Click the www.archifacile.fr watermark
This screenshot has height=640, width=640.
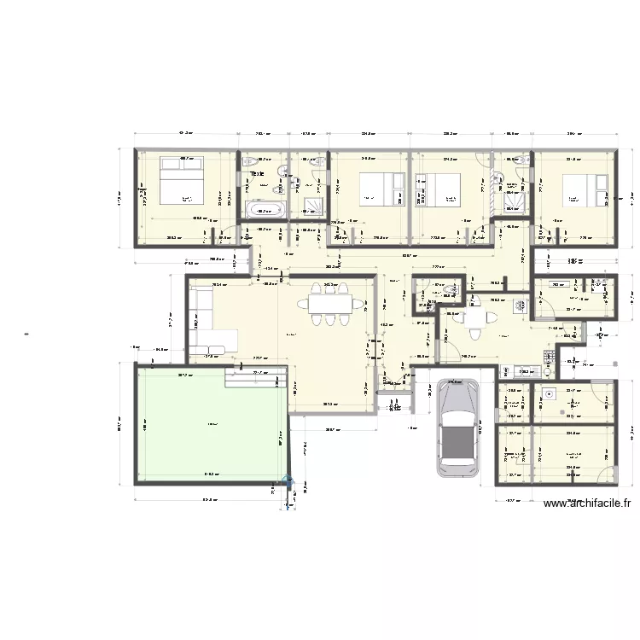588,503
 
